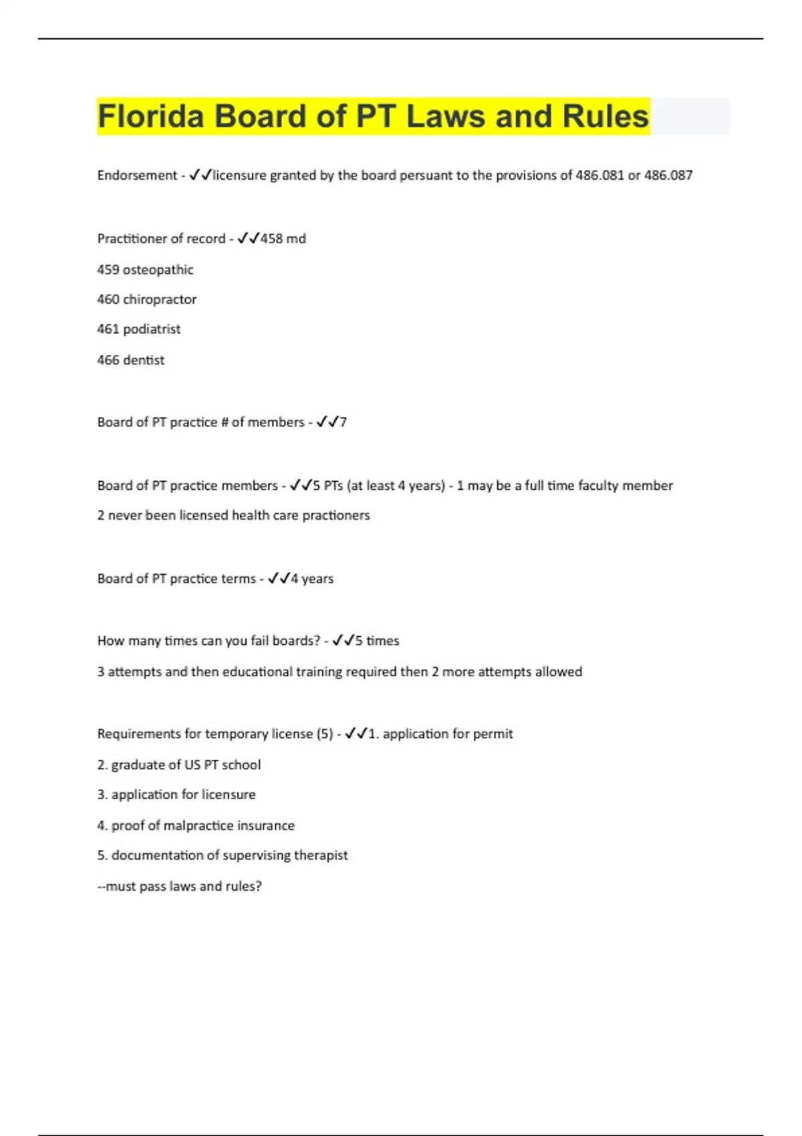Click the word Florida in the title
click(x=150, y=116)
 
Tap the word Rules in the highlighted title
click(x=605, y=116)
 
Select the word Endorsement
click(x=137, y=175)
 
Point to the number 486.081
click(x=599, y=175)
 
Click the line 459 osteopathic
click(x=145, y=270)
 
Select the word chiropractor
click(x=160, y=299)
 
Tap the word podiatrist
click(x=152, y=329)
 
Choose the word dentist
click(x=144, y=360)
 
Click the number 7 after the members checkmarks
click(x=343, y=422)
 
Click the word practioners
click(x=336, y=515)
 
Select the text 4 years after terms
click(x=312, y=579)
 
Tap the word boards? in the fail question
click(x=296, y=641)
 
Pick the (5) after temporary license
click(x=325, y=734)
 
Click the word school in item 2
click(x=241, y=764)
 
